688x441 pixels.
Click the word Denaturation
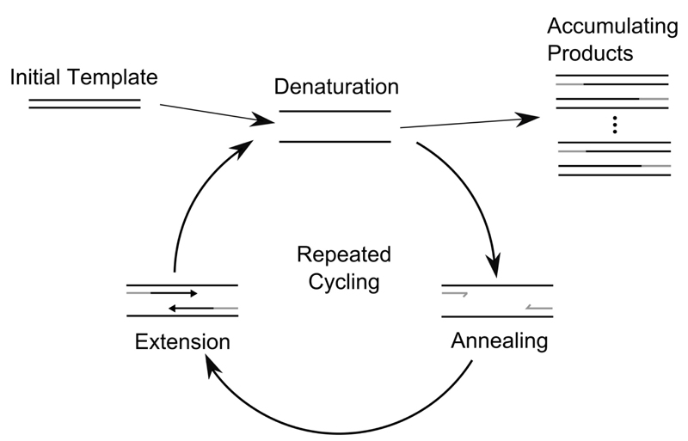click(336, 87)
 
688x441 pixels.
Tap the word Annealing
click(499, 340)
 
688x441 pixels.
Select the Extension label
click(182, 341)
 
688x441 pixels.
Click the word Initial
click(37, 77)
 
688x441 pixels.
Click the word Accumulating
click(613, 27)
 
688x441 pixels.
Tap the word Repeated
click(343, 255)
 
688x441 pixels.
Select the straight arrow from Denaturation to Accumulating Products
click(464, 123)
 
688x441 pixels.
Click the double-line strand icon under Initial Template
click(84, 104)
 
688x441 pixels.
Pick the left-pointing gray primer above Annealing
click(538, 305)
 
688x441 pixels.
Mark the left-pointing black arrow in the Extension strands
click(190, 306)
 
